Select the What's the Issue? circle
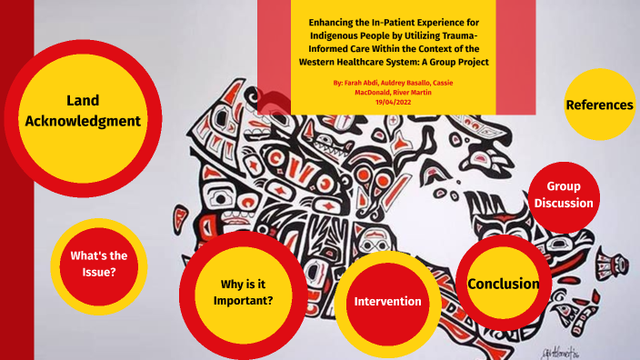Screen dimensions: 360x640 click(x=94, y=264)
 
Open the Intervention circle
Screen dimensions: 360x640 click(x=388, y=301)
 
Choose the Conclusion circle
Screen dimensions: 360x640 click(x=503, y=284)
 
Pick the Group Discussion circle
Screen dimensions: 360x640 click(x=564, y=195)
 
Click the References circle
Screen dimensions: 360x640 click(x=600, y=105)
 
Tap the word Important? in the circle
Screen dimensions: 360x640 click(x=243, y=300)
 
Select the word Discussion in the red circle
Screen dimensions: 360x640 click(x=564, y=203)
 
